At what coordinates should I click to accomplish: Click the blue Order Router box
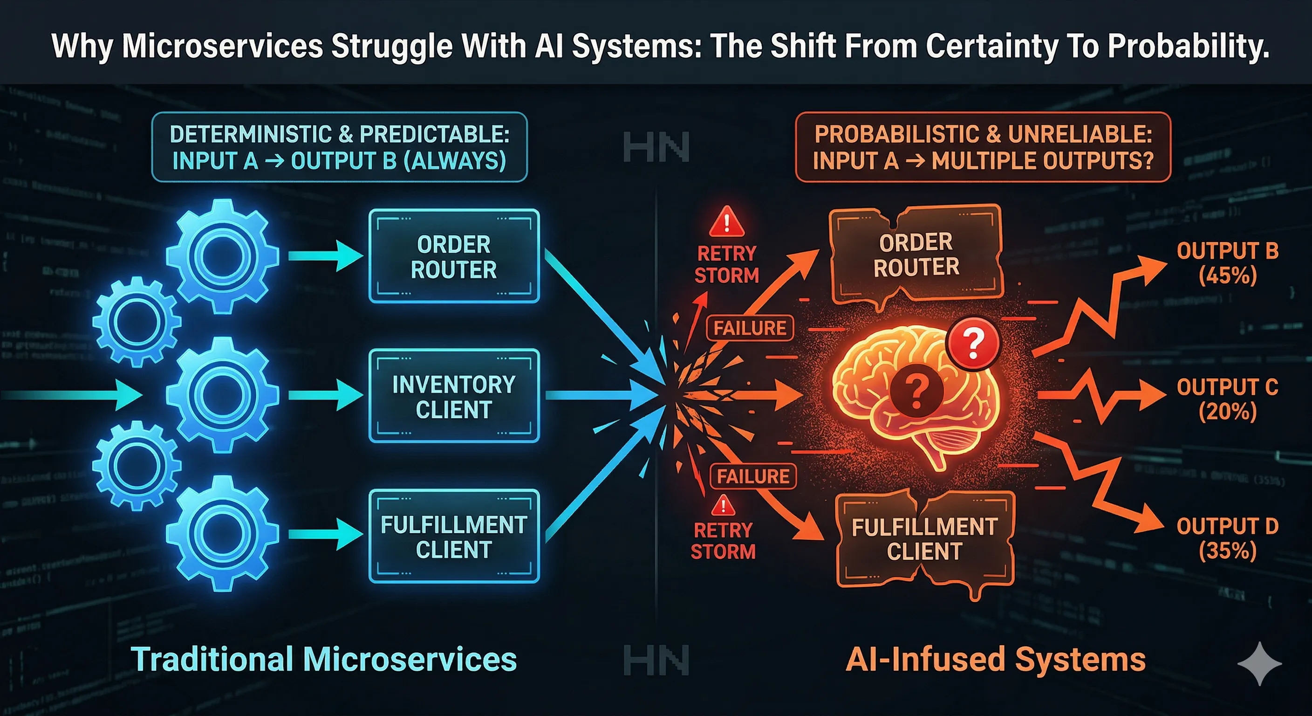(453, 256)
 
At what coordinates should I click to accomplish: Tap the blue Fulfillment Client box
(453, 536)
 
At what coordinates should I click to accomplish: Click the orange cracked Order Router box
(916, 255)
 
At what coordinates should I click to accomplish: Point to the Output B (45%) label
(1228, 263)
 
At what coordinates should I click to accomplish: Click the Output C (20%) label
(1228, 399)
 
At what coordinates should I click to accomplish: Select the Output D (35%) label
(1228, 538)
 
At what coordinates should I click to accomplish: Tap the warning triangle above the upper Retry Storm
(727, 222)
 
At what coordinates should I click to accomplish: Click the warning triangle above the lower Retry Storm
(723, 506)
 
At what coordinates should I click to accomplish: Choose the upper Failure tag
(750, 328)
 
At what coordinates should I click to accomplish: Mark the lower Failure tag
(753, 476)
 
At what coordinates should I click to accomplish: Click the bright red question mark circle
(973, 344)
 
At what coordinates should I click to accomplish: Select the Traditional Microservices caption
(324, 659)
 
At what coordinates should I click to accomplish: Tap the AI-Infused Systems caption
(995, 659)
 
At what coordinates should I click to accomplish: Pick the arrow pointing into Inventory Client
(326, 395)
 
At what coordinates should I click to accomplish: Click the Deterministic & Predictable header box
(339, 147)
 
